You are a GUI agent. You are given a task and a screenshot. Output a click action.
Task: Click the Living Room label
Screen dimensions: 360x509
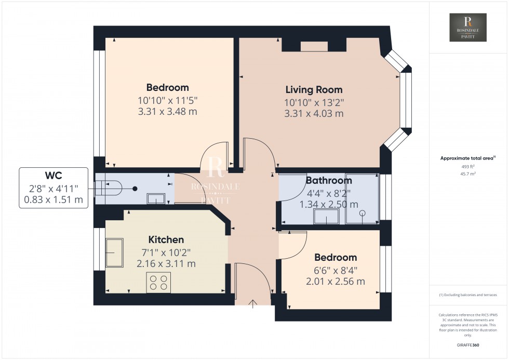(x=314, y=90)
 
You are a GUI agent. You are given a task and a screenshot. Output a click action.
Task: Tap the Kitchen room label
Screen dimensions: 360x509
(x=166, y=239)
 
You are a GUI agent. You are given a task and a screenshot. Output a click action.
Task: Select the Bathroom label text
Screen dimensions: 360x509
(x=328, y=181)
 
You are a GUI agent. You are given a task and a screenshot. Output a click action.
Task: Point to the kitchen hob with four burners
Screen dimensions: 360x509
(x=158, y=282)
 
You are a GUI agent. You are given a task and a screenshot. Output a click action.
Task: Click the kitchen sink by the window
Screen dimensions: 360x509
(x=115, y=252)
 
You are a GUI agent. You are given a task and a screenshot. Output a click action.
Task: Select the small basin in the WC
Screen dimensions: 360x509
(x=156, y=198)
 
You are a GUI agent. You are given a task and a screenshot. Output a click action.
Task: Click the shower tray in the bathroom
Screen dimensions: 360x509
(x=361, y=199)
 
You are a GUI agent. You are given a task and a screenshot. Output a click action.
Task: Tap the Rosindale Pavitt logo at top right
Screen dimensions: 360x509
(x=468, y=28)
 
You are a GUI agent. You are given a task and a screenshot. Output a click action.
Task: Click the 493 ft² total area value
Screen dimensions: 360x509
(x=468, y=166)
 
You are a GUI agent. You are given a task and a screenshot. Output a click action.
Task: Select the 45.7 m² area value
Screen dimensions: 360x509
(x=468, y=174)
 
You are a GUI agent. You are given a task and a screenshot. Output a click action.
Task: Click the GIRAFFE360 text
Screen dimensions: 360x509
(x=468, y=344)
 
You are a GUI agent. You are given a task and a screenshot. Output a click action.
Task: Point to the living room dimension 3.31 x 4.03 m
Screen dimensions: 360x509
(x=314, y=113)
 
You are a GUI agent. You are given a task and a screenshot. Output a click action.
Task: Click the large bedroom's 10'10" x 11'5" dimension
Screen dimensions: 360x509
(x=167, y=100)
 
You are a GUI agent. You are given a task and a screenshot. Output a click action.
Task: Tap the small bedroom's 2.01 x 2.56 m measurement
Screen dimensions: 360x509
(x=336, y=281)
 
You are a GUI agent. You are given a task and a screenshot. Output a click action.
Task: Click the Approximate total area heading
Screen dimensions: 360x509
(x=467, y=158)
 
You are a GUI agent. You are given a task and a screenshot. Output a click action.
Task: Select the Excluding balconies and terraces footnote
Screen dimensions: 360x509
(x=468, y=295)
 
